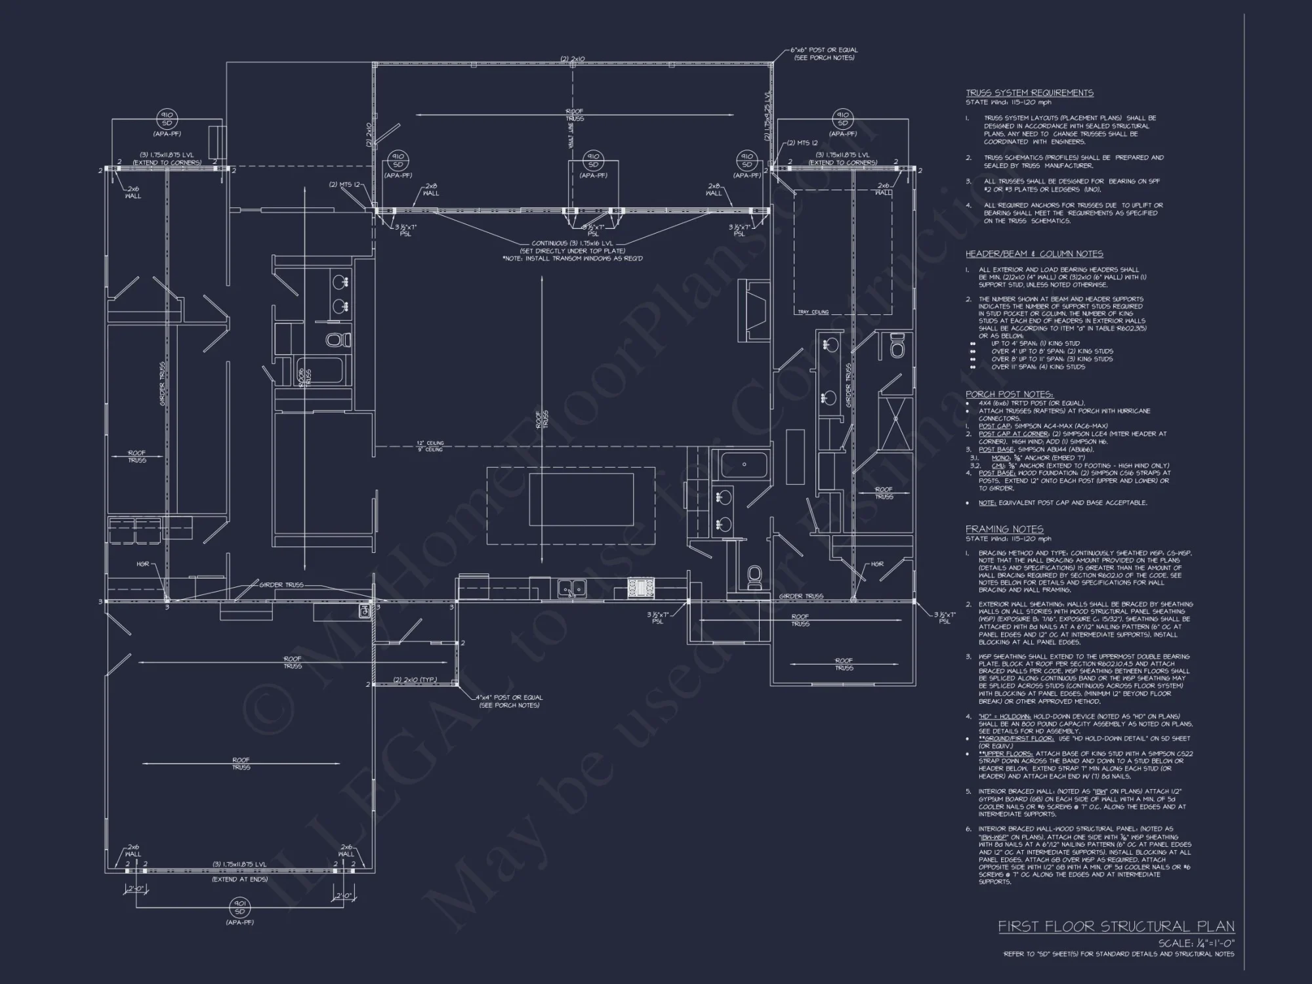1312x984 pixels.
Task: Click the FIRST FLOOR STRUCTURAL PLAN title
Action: [x=1116, y=926]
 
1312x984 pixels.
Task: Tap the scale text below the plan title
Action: [x=1196, y=943]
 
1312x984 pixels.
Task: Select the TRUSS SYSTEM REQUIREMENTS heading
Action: [x=1029, y=93]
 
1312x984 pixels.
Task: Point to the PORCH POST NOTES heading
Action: [x=1009, y=394]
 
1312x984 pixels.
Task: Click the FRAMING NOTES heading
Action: [x=1004, y=529]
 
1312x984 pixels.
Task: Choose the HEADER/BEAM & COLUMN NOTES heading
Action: [x=1034, y=254]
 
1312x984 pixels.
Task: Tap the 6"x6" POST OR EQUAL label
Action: [x=825, y=53]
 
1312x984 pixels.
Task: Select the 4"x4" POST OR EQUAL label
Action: [x=510, y=701]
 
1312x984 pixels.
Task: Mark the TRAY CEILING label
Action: [x=813, y=312]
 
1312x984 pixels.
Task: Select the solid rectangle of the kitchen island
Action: [x=581, y=499]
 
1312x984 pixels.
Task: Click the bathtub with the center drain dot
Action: [x=745, y=465]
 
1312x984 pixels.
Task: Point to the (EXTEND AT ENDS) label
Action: [x=239, y=879]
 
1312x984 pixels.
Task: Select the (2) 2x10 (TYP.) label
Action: [x=415, y=680]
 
